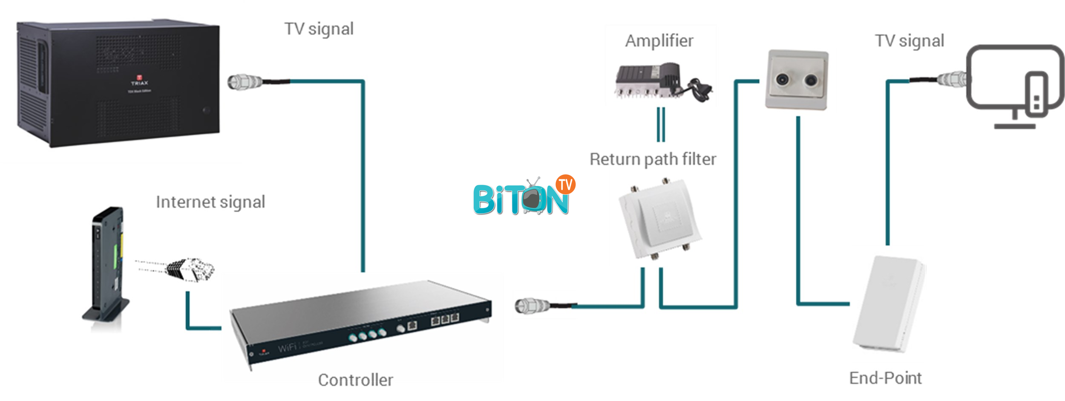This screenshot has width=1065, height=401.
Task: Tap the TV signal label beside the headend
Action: click(x=319, y=29)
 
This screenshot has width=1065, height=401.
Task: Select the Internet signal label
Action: click(x=210, y=202)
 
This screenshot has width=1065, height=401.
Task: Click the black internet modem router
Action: click(x=107, y=264)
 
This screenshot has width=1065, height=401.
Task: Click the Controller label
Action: click(x=355, y=380)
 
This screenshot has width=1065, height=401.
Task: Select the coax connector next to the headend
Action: click(x=245, y=81)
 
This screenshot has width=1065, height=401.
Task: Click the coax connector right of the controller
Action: click(x=532, y=306)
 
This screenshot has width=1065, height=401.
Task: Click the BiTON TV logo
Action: click(x=524, y=196)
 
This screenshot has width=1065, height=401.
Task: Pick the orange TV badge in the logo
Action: click(x=565, y=185)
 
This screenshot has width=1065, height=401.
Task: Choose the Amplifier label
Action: click(x=659, y=41)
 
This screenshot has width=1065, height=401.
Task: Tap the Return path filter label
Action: click(x=653, y=159)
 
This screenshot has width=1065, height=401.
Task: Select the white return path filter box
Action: click(x=659, y=219)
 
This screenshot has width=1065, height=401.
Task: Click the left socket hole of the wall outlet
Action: click(x=782, y=79)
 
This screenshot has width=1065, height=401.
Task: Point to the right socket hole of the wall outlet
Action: click(x=811, y=80)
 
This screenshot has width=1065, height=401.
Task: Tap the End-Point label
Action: click(x=885, y=378)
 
